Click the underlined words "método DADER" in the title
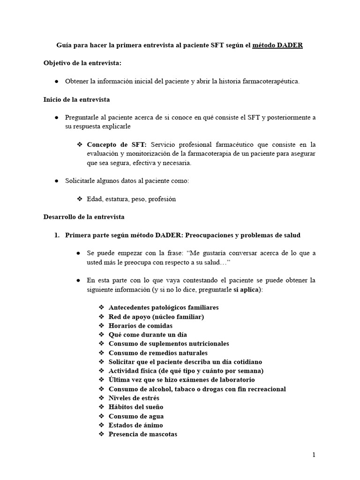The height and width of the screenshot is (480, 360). click(277, 45)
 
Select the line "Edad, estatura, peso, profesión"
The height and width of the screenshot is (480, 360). click(131, 199)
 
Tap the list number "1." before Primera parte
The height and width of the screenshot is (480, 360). click(58, 235)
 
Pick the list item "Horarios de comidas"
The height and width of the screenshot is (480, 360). click(140, 326)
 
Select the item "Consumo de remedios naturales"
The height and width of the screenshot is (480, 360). click(157, 353)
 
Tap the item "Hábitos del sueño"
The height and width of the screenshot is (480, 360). click(135, 407)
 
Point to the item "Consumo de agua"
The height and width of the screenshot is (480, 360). click(135, 416)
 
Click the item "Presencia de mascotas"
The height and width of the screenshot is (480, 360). click(142, 434)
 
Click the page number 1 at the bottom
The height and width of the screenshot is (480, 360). click(314, 455)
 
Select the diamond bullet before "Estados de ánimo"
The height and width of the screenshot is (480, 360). click(102, 425)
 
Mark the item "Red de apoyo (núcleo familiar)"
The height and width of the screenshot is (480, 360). click(156, 317)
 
